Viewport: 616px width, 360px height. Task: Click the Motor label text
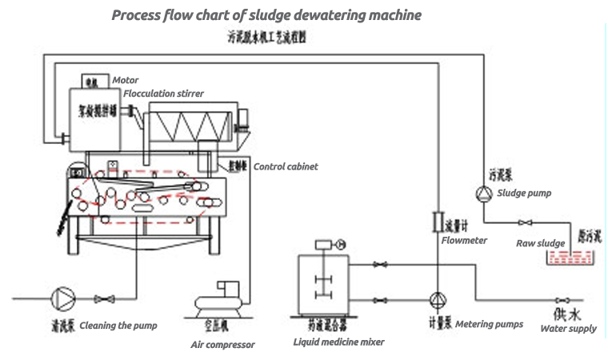(x=126, y=80)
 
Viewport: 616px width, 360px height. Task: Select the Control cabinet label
(x=286, y=166)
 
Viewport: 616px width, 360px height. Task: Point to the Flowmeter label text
(x=464, y=240)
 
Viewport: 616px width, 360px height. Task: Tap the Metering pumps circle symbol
(x=438, y=298)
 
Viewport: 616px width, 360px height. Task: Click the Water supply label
(x=568, y=329)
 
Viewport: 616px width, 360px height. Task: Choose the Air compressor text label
(x=223, y=345)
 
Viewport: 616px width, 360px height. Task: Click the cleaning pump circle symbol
(x=62, y=298)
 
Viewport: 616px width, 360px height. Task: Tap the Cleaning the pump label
(x=118, y=326)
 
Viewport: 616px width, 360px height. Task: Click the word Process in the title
(x=135, y=15)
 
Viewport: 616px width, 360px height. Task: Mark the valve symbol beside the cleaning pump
(x=101, y=299)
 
